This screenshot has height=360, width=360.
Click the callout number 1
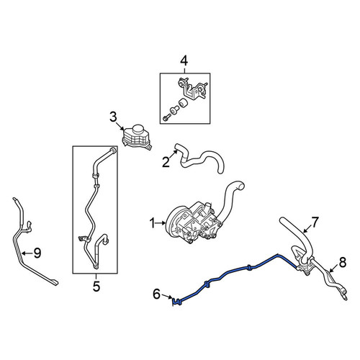click(x=152, y=223)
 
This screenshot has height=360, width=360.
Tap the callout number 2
click(x=166, y=162)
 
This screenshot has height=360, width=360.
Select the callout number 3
click(x=113, y=117)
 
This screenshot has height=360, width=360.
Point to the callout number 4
click(x=184, y=60)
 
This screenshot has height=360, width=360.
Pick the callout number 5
click(x=96, y=287)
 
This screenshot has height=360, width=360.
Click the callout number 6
click(x=156, y=294)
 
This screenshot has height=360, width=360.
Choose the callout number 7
click(x=315, y=222)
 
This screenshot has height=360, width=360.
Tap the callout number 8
click(x=343, y=262)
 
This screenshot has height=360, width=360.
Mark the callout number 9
click(x=37, y=253)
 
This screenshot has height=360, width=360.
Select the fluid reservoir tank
click(x=136, y=138)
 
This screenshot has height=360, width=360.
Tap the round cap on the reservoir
click(x=138, y=129)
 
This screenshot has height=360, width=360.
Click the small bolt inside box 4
click(x=167, y=117)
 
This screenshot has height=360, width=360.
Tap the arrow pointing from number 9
click(x=27, y=253)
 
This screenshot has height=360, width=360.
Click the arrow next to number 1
click(x=161, y=223)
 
